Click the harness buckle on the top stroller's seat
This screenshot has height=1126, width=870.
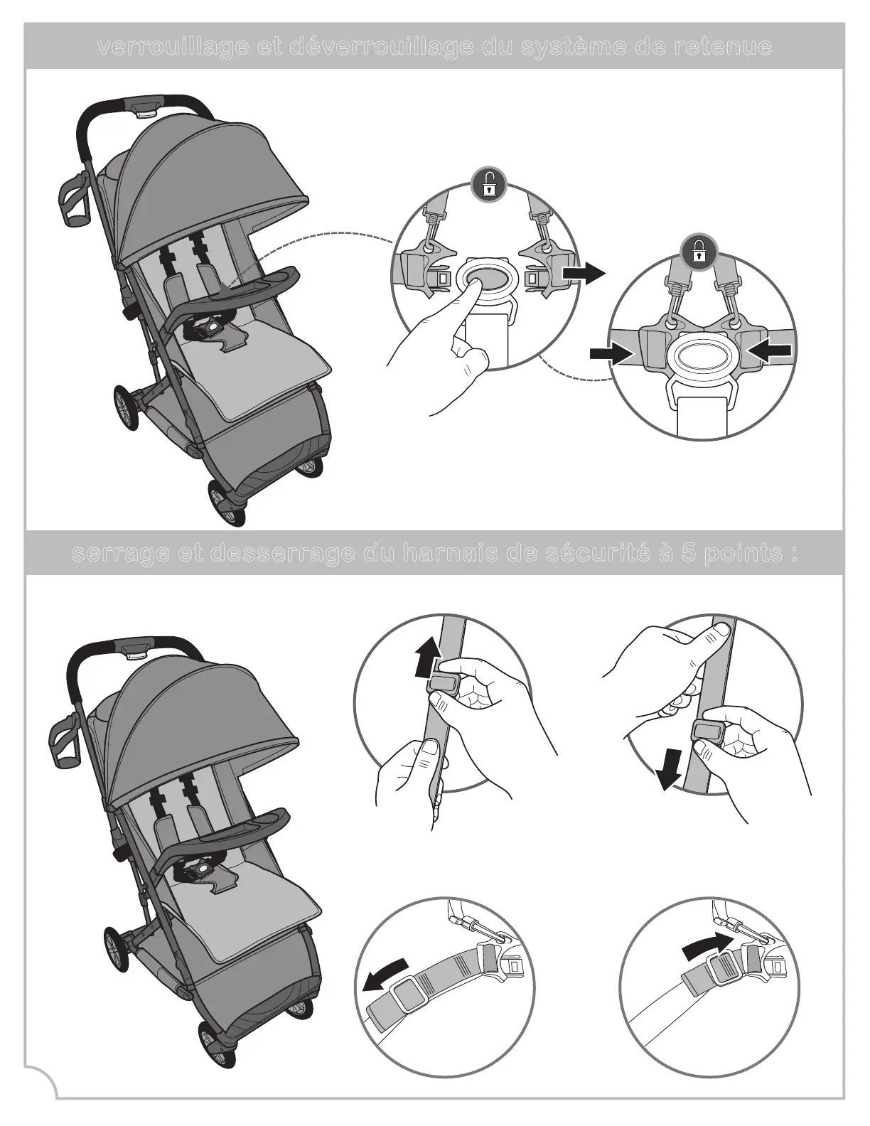pos(210,328)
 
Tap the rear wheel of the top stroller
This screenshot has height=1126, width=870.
pos(122,407)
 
